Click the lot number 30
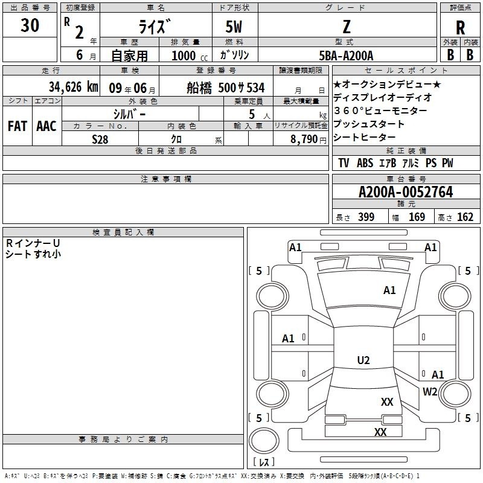tap(30, 25)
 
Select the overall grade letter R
tap(460, 28)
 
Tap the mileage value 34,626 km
tap(74, 87)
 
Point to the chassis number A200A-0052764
tap(406, 192)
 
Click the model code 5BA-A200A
tap(346, 56)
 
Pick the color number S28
tap(100, 139)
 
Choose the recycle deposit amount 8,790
tap(304, 139)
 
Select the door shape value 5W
tap(234, 27)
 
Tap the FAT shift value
tap(18, 126)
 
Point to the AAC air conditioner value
tap(46, 126)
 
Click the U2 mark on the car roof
tap(363, 360)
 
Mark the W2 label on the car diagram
tap(430, 391)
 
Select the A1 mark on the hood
tap(389, 290)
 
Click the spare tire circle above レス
tap(264, 441)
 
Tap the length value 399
tap(366, 217)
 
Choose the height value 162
tap(465, 217)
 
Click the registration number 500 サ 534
tap(241, 88)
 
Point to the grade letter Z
tap(347, 27)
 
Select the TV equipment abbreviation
tap(344, 163)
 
